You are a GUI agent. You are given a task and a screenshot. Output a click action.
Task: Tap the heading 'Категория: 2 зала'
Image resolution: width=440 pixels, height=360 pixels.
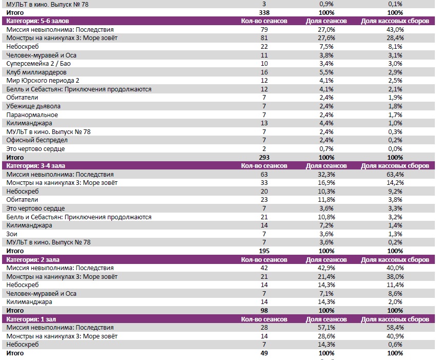click(31, 259)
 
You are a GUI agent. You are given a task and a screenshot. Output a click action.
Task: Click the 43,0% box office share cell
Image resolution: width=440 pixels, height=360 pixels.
click(395, 30)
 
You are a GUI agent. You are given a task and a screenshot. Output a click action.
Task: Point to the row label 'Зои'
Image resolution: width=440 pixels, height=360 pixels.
click(12, 234)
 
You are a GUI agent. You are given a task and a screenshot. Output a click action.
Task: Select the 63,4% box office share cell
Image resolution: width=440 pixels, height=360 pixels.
click(395, 175)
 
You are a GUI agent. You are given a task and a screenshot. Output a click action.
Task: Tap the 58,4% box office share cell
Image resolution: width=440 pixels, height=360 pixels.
click(395, 328)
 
